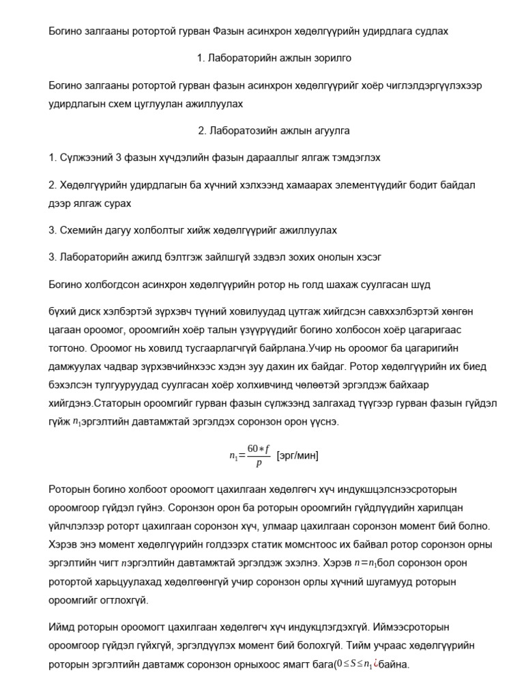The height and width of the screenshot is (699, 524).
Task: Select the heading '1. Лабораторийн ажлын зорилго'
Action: [274, 58]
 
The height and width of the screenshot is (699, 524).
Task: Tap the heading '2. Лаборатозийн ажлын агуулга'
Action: [274, 130]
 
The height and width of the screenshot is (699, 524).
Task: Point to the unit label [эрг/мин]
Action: [297, 455]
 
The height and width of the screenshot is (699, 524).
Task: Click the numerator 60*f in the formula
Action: [259, 448]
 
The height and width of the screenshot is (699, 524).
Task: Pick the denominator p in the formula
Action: [259, 463]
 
